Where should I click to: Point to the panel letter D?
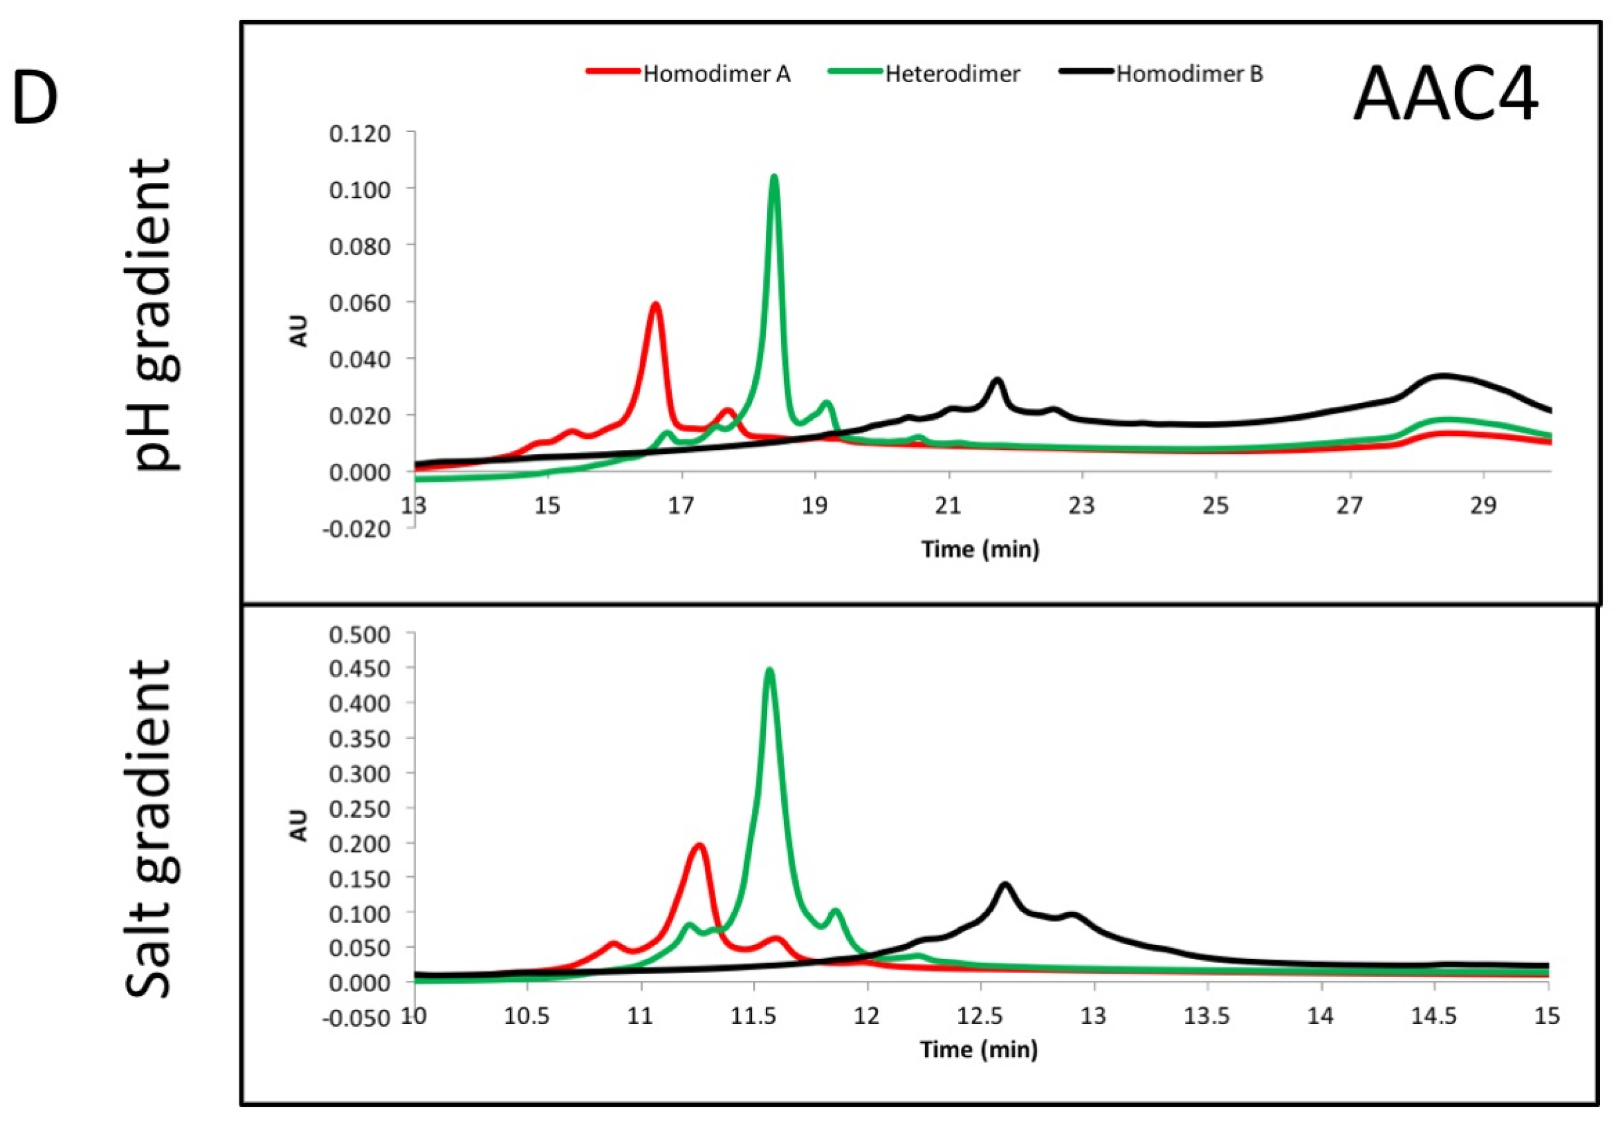[x=35, y=99]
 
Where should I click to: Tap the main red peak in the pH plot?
[x=655, y=305]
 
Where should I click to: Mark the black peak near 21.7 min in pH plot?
[x=997, y=380]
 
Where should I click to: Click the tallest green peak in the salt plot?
[x=769, y=669]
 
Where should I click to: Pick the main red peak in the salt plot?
[x=700, y=846]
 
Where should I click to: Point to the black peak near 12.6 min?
[x=1005, y=885]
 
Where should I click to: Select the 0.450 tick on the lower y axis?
[x=359, y=669]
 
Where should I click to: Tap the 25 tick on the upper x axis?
[x=1215, y=506]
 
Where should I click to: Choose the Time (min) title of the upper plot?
[x=981, y=549]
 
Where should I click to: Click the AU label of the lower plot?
[x=300, y=825]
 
